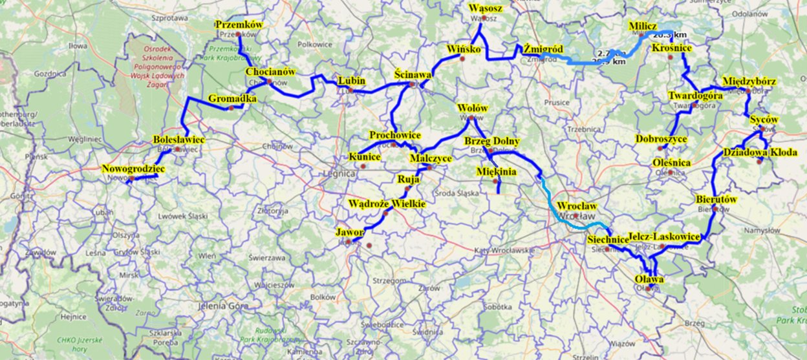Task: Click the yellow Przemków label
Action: pos(239,25)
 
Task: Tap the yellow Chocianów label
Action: pos(270,72)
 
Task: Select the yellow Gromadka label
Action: pos(233,99)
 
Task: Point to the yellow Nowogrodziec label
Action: pos(133,169)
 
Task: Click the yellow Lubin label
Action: pos(352,81)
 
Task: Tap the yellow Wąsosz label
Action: pos(485,8)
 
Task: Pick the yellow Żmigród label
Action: pos(543,49)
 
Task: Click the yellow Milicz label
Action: pos(642,26)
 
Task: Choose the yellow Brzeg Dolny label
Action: pos(491,141)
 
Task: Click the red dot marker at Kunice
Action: pos(363,166)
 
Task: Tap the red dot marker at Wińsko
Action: pos(463,59)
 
